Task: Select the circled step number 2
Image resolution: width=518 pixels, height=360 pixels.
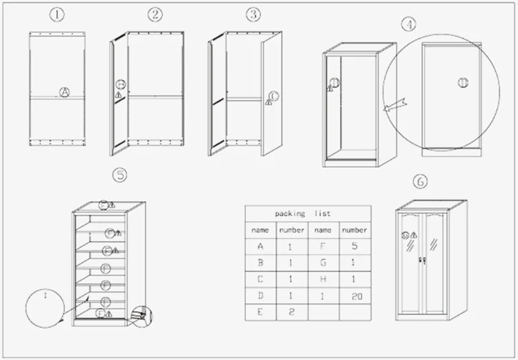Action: [x=155, y=14]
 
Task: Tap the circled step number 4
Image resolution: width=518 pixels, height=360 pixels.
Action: [x=410, y=24]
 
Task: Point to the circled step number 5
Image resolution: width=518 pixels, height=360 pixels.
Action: [x=120, y=176]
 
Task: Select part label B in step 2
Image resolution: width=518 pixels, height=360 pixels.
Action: [x=120, y=85]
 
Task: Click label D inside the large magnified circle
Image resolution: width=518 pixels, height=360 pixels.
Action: [x=462, y=82]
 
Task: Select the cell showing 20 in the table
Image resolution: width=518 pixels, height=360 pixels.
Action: [x=354, y=296]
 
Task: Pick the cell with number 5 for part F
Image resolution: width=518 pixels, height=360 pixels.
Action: [x=354, y=245]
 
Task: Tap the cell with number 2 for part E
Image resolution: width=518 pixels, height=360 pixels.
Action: [x=291, y=312]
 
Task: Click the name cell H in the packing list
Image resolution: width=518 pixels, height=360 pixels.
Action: [x=323, y=279]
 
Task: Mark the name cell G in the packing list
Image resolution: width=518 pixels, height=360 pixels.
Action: [x=323, y=263]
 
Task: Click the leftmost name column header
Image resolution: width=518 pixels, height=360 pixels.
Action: [x=260, y=229]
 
